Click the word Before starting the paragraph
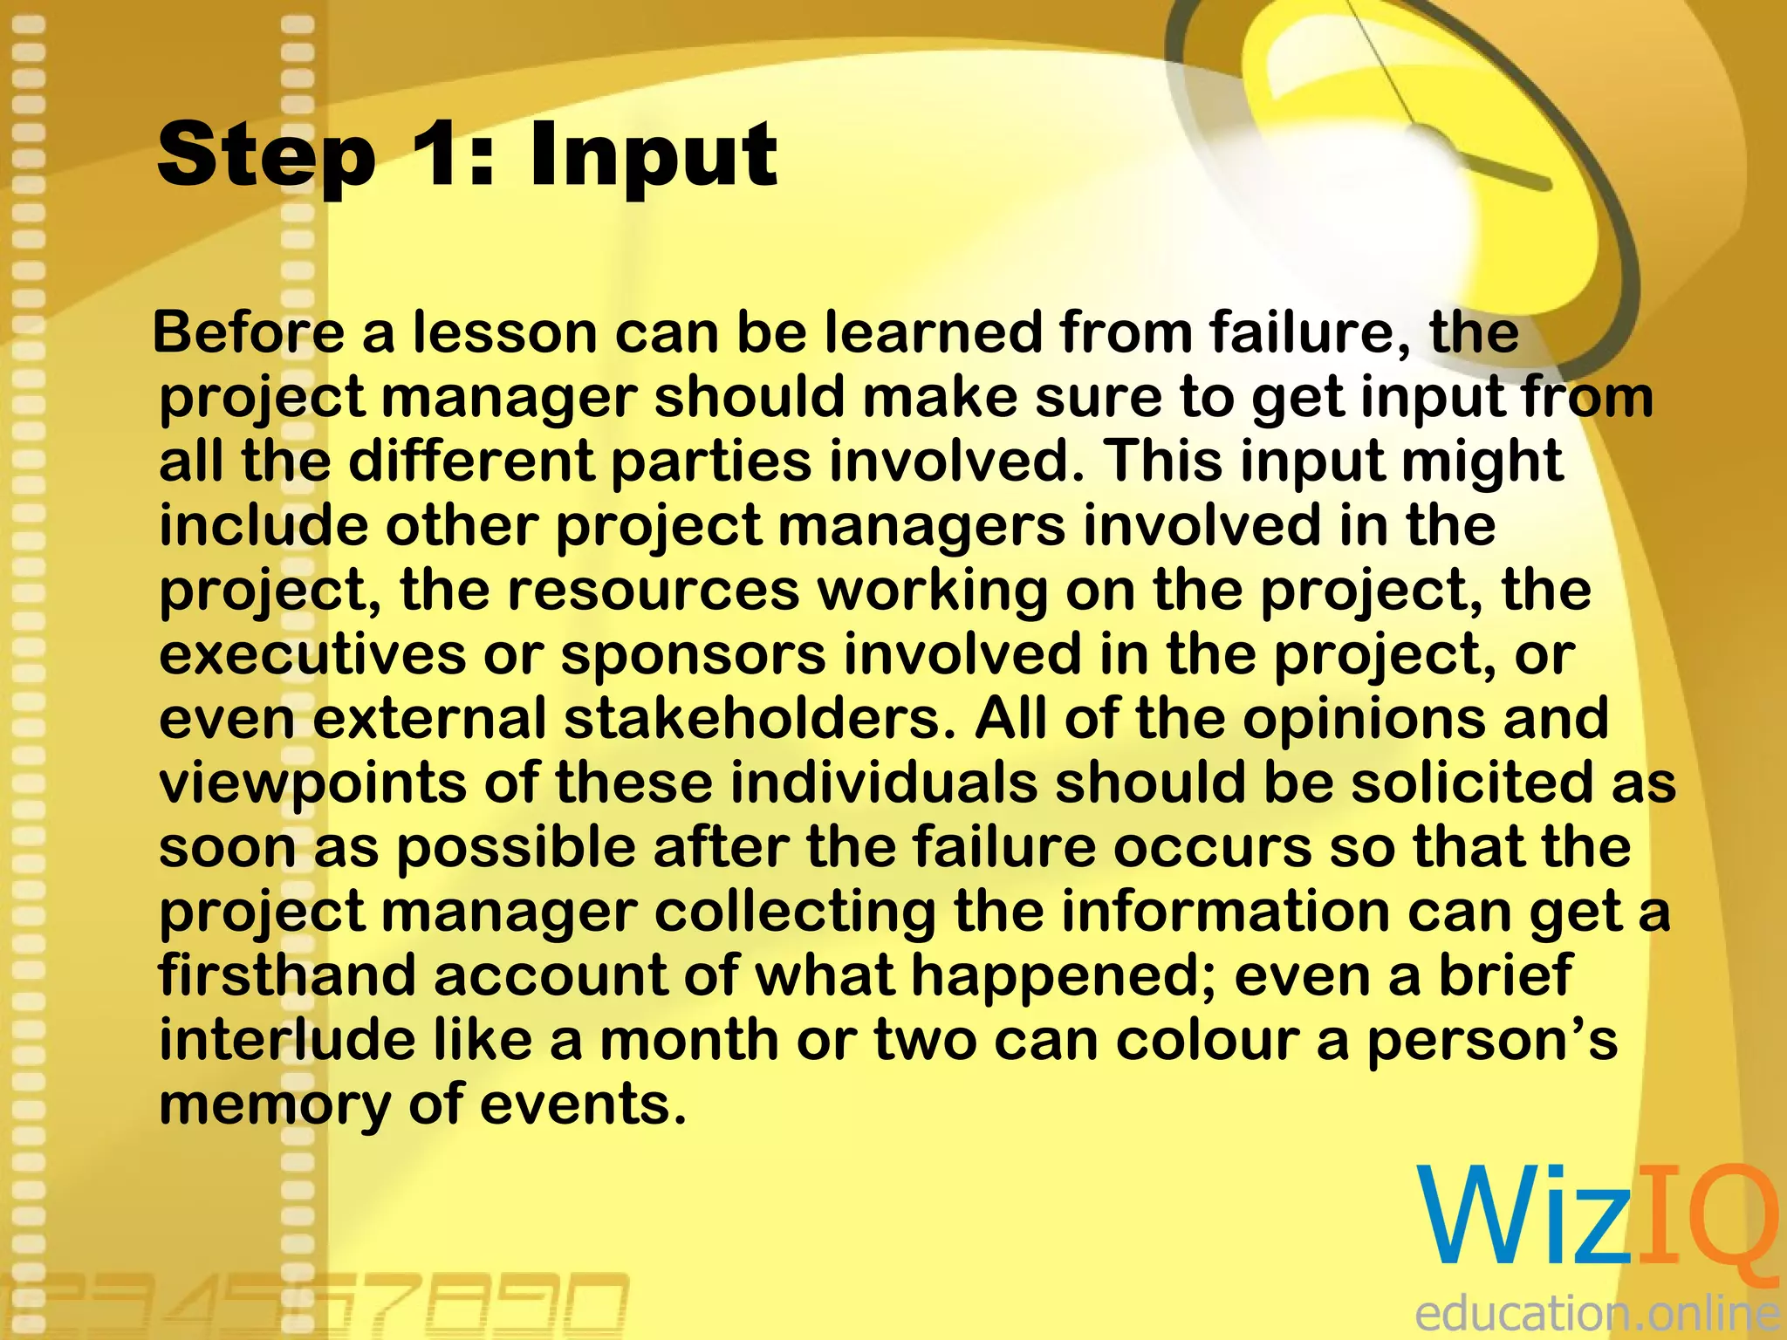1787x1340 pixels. [250, 333]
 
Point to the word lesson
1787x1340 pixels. [503, 333]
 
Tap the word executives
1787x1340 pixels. [312, 655]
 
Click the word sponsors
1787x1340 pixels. [693, 655]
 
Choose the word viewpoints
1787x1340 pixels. [312, 783]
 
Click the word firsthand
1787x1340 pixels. [287, 975]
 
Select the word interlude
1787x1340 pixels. [287, 1040]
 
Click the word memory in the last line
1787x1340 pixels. [275, 1105]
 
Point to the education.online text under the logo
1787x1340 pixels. [1597, 1312]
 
